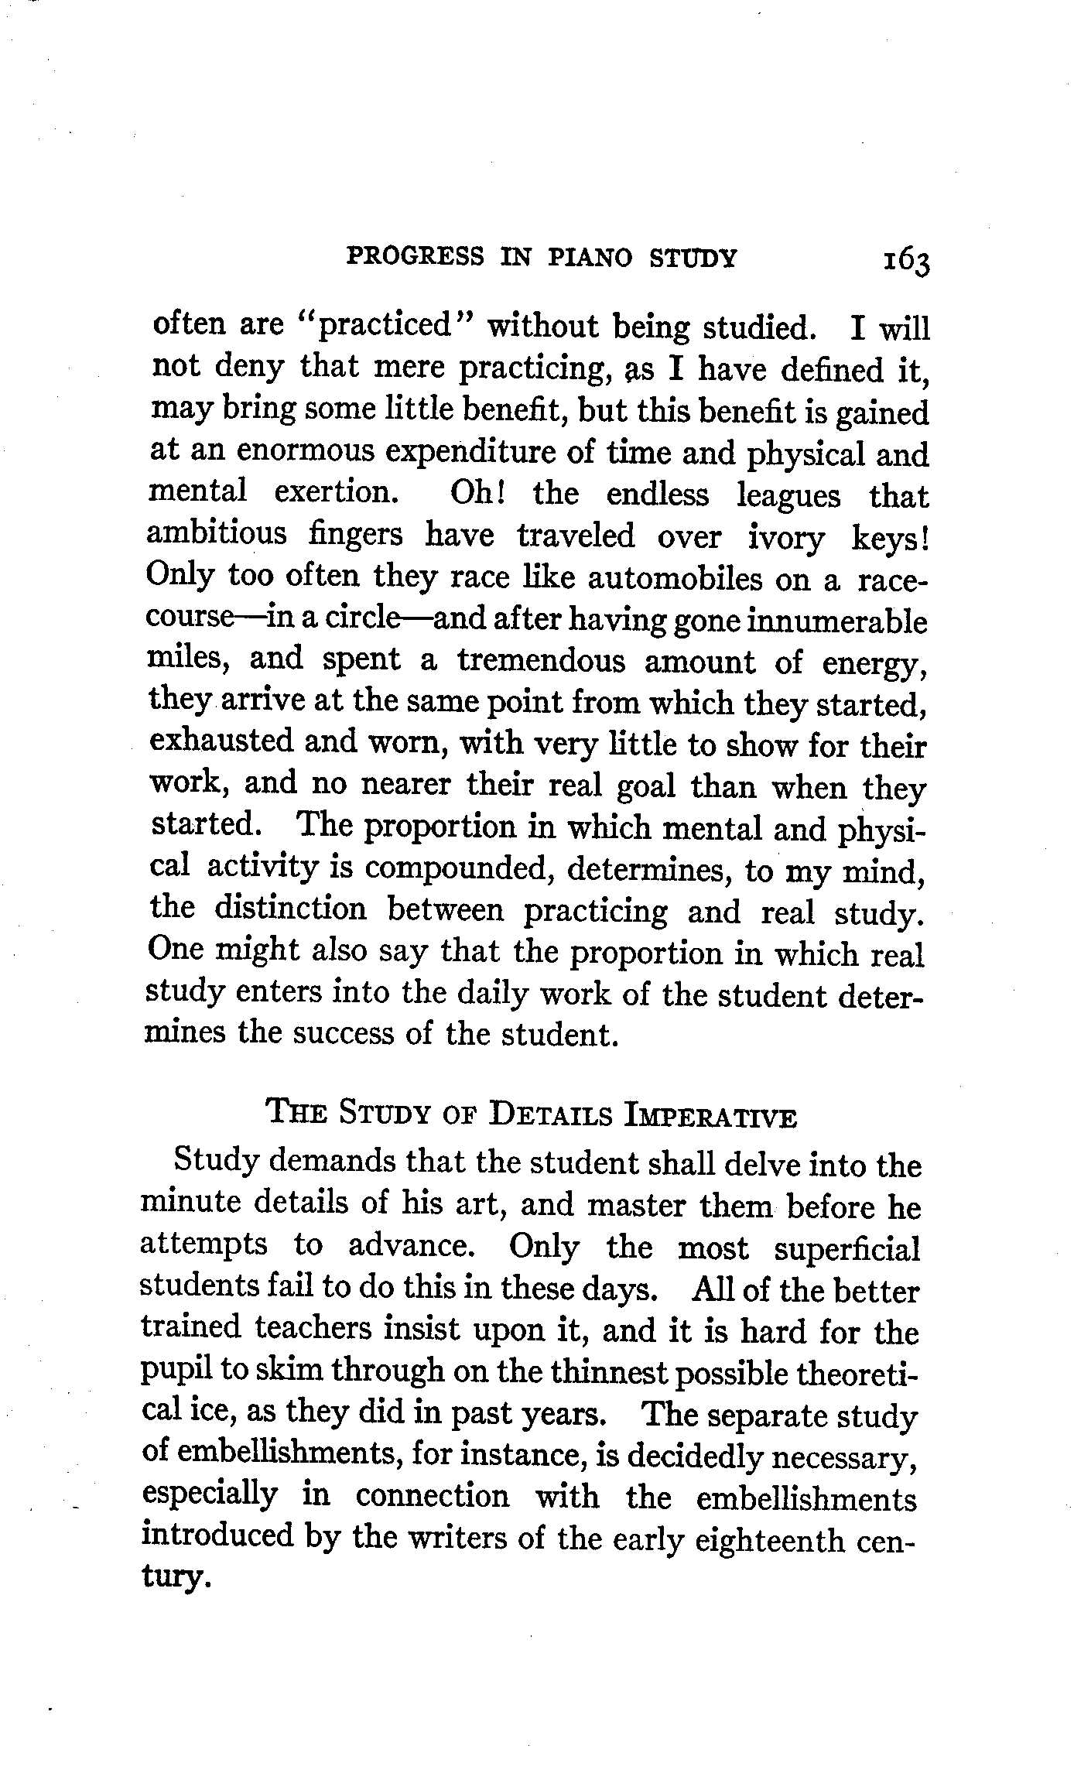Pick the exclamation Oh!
(x=477, y=494)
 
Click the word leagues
(x=788, y=496)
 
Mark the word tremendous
(x=539, y=661)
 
